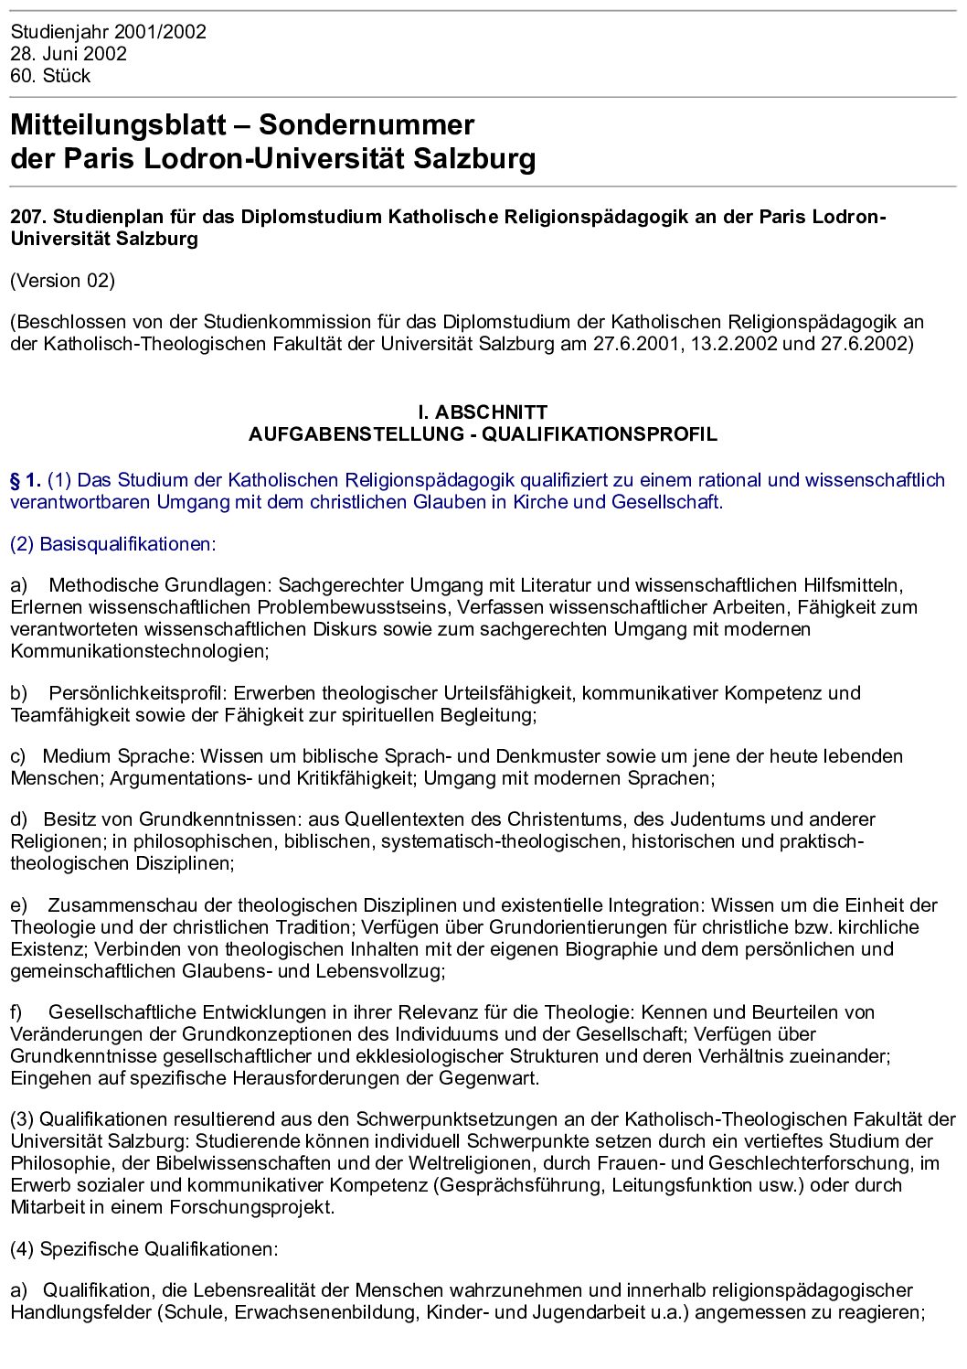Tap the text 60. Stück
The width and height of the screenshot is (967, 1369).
(x=50, y=76)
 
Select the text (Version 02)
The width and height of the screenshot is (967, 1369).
(x=62, y=281)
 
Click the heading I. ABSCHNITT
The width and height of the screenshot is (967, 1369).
(x=483, y=412)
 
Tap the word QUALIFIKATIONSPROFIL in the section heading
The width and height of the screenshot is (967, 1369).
(x=600, y=434)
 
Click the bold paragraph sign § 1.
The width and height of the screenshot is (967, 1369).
(x=26, y=480)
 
